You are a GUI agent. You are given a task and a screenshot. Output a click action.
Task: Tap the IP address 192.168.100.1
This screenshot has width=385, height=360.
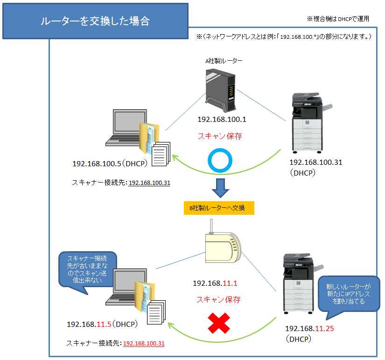tap(222, 120)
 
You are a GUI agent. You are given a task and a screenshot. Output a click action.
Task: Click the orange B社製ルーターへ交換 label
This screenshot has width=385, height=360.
tap(219, 208)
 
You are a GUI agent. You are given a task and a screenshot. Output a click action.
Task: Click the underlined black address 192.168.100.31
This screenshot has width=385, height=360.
tap(149, 183)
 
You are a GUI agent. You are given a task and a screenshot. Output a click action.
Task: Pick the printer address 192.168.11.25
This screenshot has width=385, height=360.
tap(309, 328)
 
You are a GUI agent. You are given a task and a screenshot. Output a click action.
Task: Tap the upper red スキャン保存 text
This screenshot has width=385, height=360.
tap(220, 136)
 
